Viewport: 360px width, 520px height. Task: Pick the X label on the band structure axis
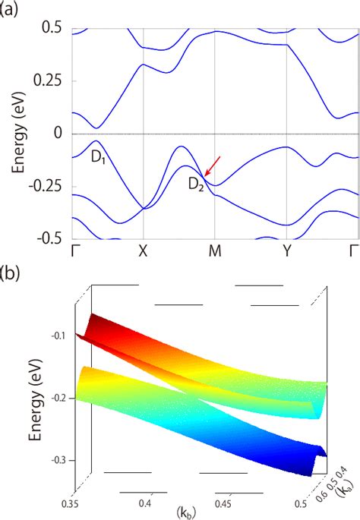point(144,251)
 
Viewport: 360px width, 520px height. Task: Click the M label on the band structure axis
point(215,251)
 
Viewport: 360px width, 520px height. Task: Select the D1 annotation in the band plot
point(93,159)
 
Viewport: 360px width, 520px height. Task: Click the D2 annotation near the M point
point(196,182)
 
